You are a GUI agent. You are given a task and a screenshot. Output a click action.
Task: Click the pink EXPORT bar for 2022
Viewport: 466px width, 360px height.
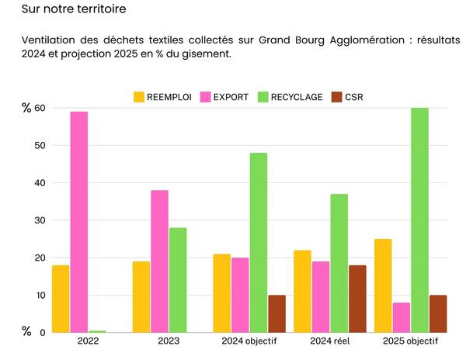(78, 222)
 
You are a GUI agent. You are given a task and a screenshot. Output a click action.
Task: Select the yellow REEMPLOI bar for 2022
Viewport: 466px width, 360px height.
(61, 299)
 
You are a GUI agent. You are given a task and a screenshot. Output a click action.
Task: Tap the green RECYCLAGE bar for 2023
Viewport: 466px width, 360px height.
(178, 280)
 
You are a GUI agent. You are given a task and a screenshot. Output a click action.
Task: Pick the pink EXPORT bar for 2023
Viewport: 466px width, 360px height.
(159, 261)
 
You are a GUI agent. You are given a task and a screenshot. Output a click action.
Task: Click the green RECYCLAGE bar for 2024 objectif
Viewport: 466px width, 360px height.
(259, 243)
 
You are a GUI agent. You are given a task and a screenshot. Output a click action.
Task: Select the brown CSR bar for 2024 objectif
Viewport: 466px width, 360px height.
(276, 313)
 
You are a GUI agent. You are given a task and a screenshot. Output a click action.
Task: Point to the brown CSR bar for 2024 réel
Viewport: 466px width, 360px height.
(357, 299)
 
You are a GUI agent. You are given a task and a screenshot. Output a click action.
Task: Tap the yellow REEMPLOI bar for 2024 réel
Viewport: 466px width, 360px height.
(302, 291)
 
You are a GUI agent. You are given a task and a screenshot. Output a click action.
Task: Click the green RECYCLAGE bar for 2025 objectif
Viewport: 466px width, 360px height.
(419, 220)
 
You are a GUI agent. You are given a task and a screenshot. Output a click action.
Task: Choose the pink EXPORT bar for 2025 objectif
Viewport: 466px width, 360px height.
(402, 317)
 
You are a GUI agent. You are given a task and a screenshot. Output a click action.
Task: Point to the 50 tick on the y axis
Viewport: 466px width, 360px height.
(39, 146)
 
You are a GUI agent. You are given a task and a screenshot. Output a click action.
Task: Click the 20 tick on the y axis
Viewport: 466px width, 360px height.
(39, 258)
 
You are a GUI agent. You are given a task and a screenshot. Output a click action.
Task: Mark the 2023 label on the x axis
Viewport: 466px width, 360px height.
(168, 341)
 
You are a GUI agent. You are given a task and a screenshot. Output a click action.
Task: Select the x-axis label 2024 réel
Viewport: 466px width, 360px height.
(330, 341)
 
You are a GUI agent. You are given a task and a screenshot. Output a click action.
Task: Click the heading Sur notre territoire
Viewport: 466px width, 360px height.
(74, 10)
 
